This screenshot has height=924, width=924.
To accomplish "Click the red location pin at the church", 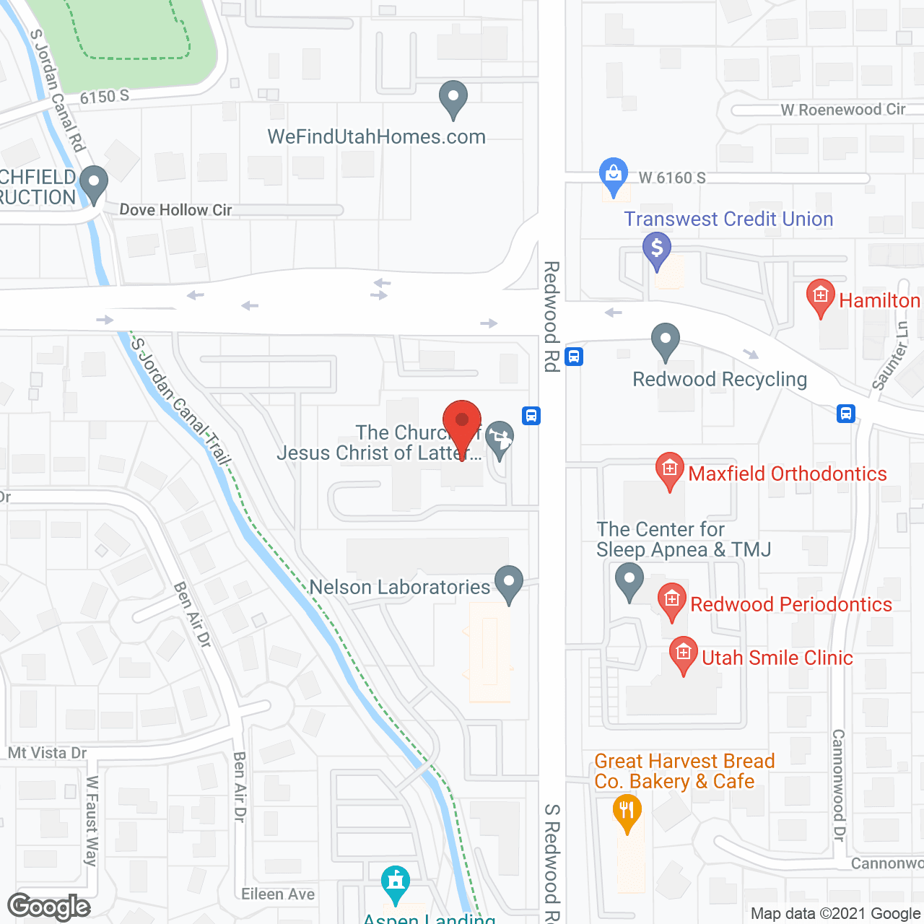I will [461, 423].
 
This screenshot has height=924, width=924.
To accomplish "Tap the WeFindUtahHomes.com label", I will [376, 137].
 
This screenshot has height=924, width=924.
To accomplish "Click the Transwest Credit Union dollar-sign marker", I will [657, 249].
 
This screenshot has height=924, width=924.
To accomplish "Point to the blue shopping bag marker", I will [613, 175].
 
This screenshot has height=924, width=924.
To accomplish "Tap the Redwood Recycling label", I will [720, 379].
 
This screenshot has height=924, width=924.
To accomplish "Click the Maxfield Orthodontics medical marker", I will [670, 470].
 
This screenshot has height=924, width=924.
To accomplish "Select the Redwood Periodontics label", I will [791, 604].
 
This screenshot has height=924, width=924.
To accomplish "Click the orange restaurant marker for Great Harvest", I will [627, 811].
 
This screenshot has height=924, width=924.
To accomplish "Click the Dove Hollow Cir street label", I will [175, 210].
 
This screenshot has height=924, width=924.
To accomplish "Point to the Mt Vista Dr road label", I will [48, 753].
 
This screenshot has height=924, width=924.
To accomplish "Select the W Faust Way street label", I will [92, 821].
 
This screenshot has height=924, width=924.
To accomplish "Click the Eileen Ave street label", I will [278, 894].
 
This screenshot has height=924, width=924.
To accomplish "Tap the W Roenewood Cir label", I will [842, 110].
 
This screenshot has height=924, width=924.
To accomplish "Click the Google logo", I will [48, 907].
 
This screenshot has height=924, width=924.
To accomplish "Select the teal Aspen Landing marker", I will [395, 883].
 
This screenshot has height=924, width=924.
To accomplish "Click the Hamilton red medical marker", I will [820, 297].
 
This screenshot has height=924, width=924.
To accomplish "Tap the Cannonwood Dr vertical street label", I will [838, 785].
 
